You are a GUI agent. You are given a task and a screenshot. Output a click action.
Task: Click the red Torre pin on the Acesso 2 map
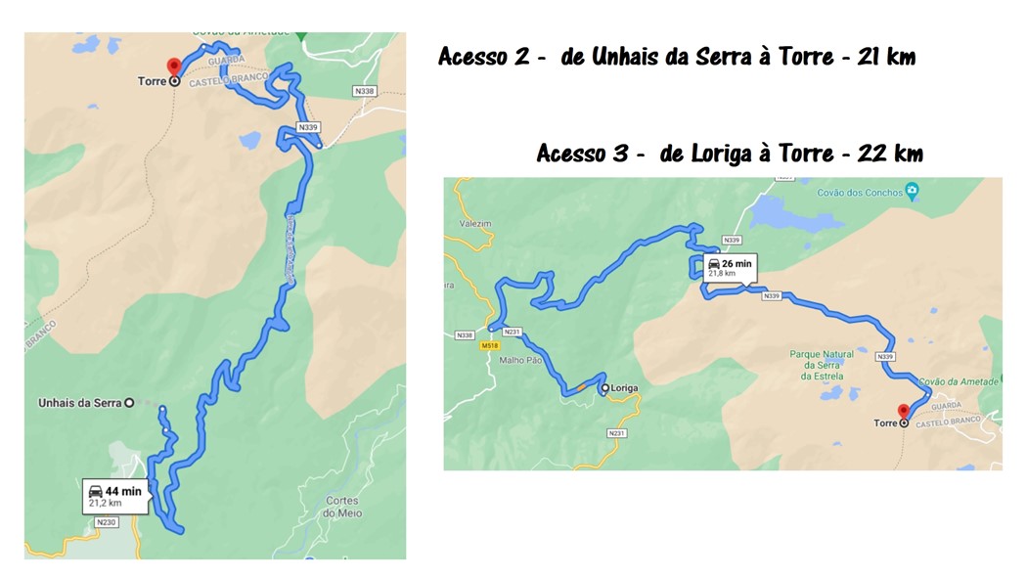(174, 67)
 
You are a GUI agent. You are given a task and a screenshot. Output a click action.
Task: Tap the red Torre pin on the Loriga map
(903, 412)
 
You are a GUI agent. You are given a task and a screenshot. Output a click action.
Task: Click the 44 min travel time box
(115, 496)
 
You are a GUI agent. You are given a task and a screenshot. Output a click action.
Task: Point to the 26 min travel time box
(728, 268)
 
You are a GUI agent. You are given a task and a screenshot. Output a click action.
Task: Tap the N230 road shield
(106, 522)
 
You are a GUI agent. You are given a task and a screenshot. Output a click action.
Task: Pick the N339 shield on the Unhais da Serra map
(309, 127)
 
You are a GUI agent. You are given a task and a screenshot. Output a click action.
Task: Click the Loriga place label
(623, 388)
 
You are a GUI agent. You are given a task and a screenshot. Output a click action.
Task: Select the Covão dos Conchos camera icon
(912, 190)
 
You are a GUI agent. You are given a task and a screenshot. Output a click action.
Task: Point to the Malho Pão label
(521, 360)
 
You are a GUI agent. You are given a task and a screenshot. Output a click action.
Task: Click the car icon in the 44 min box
(96, 490)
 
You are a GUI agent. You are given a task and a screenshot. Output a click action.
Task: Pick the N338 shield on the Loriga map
(464, 335)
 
